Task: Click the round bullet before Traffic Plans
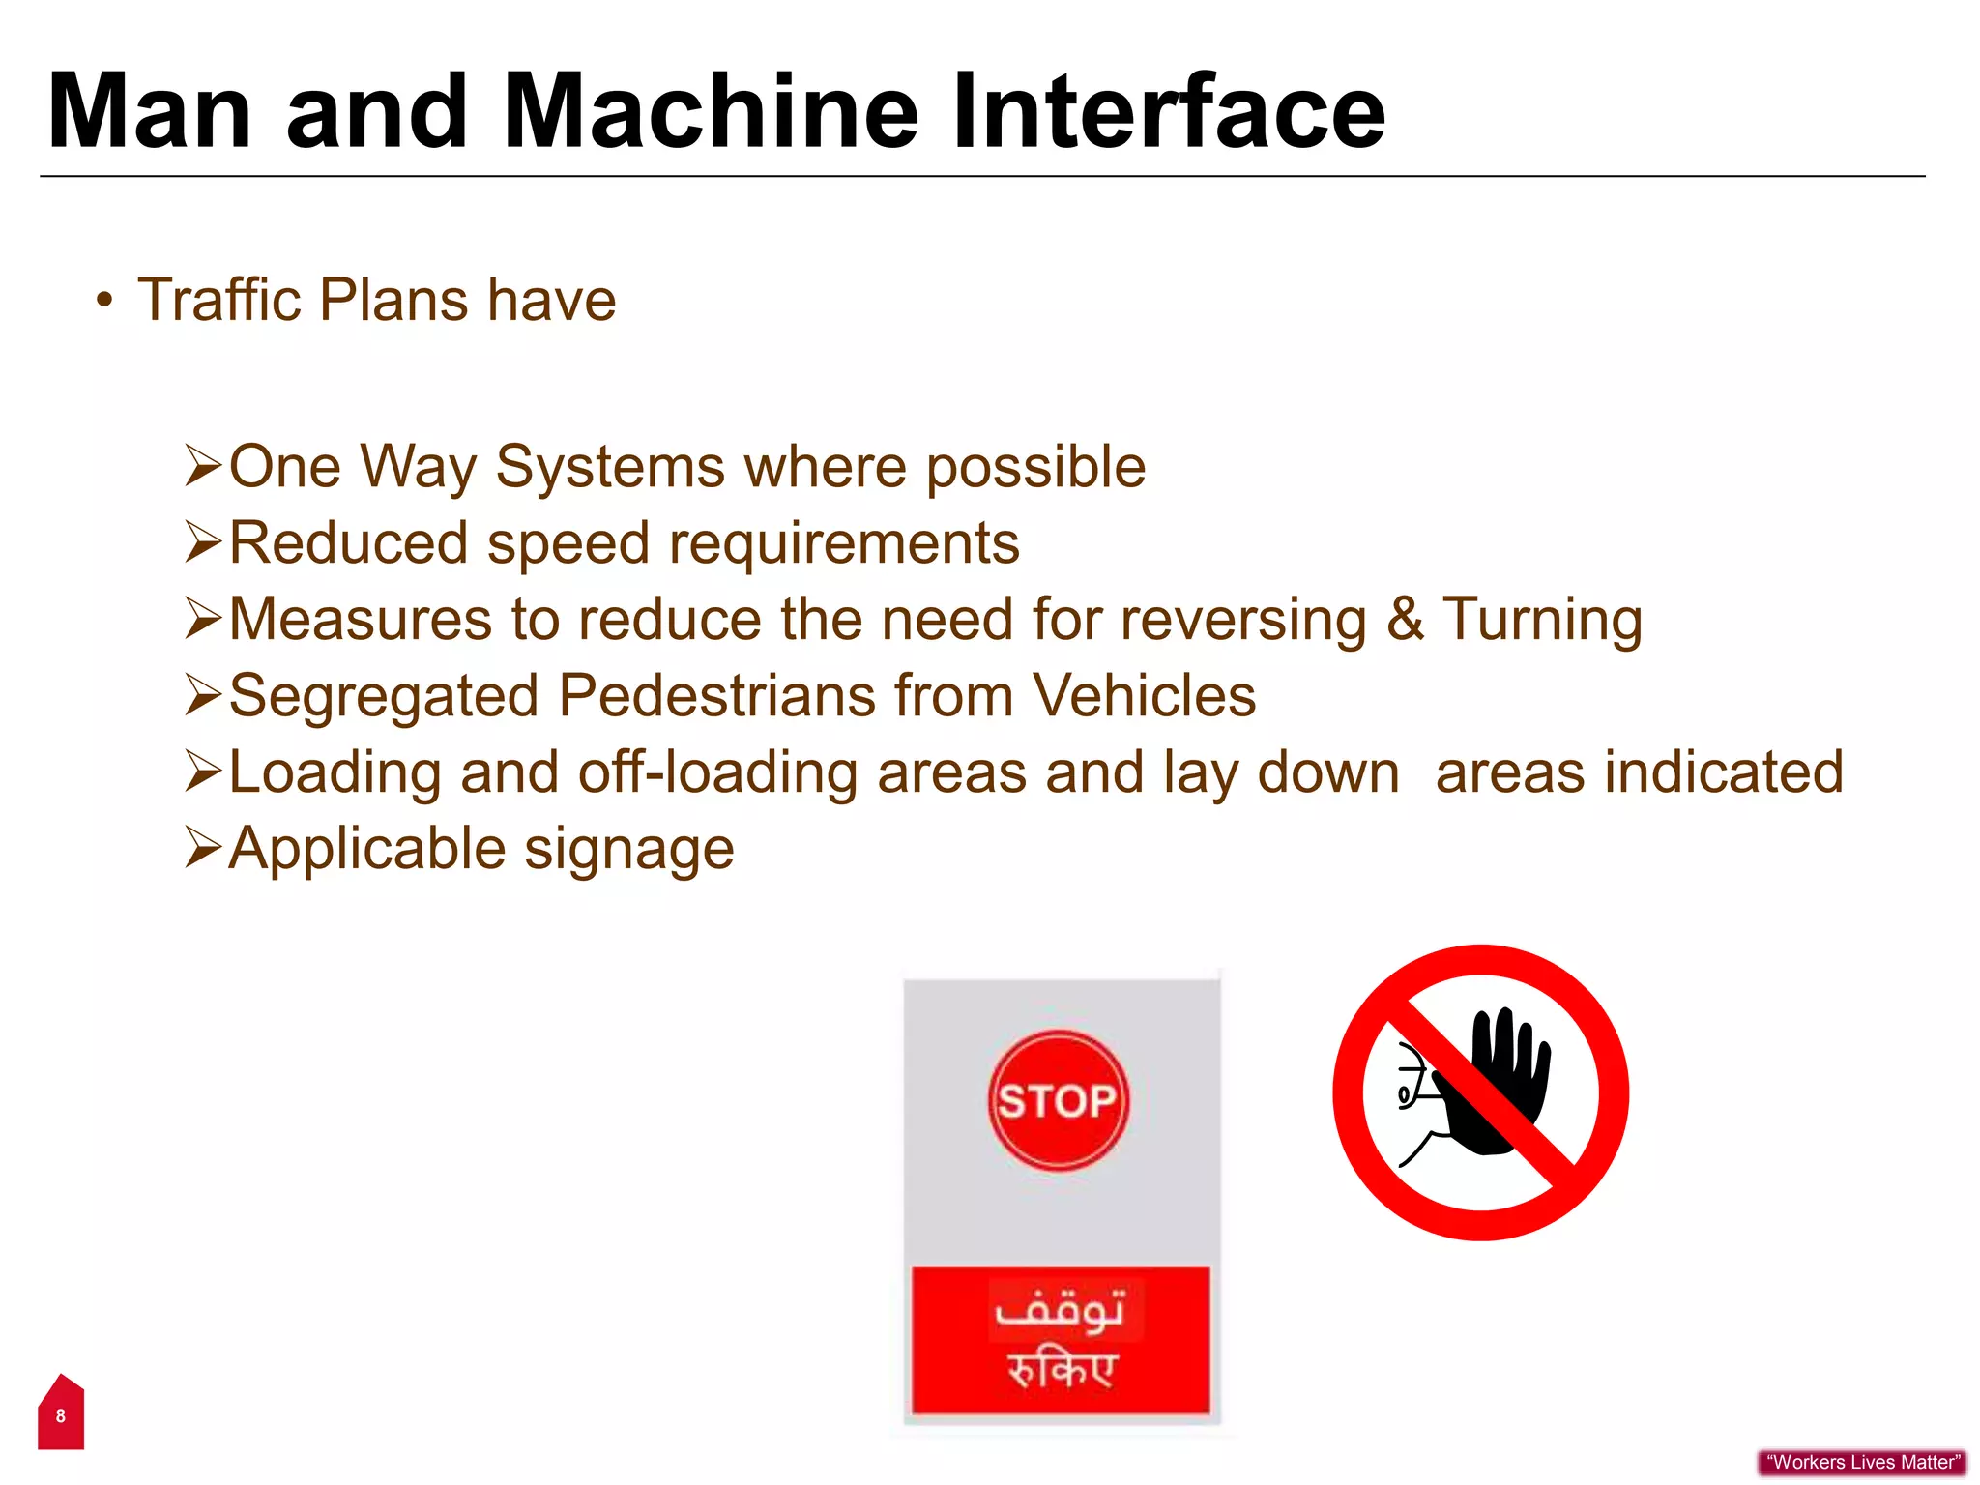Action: tap(104, 300)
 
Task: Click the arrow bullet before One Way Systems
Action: tap(203, 466)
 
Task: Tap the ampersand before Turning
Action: tap(1405, 620)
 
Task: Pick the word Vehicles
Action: tap(1144, 696)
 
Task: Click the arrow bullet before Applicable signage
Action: tap(203, 848)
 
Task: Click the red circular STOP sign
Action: tap(1058, 1100)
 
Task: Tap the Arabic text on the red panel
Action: tap(1060, 1310)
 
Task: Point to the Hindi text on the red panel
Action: tap(1062, 1370)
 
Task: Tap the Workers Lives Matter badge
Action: tap(1862, 1462)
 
